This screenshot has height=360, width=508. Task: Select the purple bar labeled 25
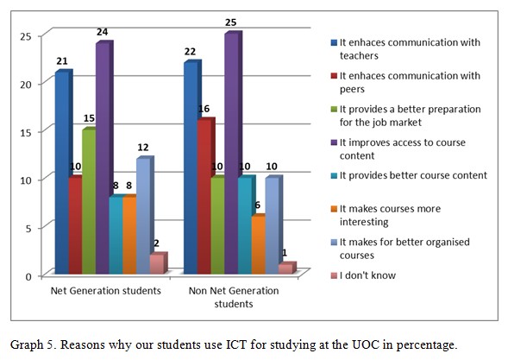[x=232, y=155]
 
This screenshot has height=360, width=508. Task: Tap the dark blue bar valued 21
[x=62, y=173]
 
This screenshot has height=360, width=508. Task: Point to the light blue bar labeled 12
[x=143, y=216]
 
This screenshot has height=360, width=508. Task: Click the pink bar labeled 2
[x=156, y=264]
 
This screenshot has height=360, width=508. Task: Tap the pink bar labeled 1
[x=285, y=269]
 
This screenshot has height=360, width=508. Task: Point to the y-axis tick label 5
[x=29, y=228]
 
